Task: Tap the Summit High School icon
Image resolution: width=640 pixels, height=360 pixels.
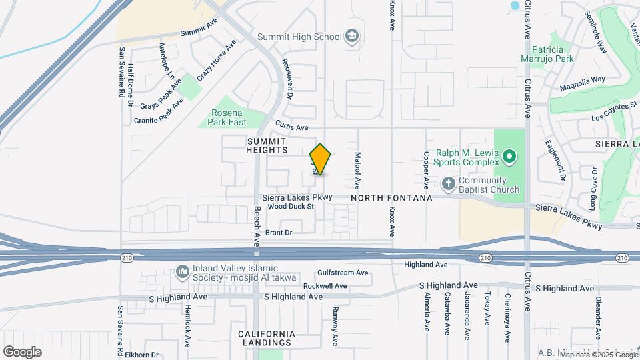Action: (x=351, y=37)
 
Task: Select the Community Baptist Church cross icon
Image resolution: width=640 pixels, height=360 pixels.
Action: (x=449, y=183)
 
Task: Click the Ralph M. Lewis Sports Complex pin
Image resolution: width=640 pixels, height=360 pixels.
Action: (x=509, y=158)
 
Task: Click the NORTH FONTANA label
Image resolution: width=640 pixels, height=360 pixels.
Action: (x=391, y=198)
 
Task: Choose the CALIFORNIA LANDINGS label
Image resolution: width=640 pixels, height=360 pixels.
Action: (x=267, y=338)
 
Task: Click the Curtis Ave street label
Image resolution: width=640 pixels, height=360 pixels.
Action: (x=293, y=127)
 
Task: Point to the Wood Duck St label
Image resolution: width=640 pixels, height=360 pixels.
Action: (x=291, y=207)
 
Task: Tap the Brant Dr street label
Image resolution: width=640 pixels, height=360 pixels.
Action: (x=279, y=233)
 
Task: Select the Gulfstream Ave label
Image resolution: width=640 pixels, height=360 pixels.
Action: (x=343, y=273)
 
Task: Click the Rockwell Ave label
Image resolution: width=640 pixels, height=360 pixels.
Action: (x=325, y=285)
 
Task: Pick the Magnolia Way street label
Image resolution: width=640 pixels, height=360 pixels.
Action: (x=582, y=83)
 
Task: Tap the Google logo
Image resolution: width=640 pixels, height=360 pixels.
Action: (x=23, y=351)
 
